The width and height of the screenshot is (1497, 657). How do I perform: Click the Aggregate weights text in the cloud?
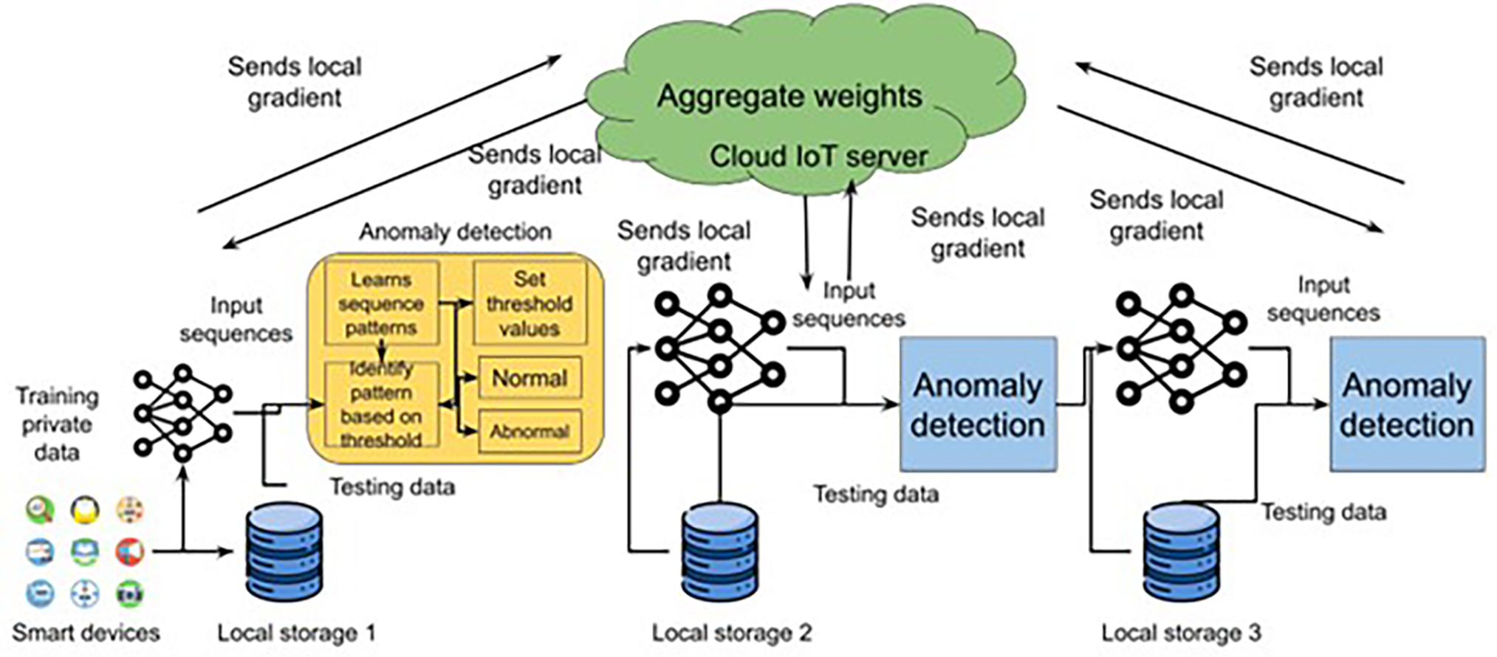pyautogui.click(x=789, y=96)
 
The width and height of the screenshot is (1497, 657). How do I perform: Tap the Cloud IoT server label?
pyautogui.click(x=818, y=156)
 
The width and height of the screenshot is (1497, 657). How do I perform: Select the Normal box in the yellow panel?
pyautogui.click(x=530, y=378)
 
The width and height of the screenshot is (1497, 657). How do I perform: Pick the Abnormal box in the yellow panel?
pyautogui.click(x=530, y=431)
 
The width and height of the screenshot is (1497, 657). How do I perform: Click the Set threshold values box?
pyautogui.click(x=530, y=303)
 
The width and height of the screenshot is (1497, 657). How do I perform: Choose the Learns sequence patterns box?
pyautogui.click(x=381, y=303)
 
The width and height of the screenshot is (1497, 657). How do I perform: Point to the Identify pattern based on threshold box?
pyautogui.click(x=381, y=405)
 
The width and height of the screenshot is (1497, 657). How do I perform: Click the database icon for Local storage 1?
pyautogui.click(x=284, y=551)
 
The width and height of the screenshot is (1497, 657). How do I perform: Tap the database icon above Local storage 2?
pyautogui.click(x=719, y=551)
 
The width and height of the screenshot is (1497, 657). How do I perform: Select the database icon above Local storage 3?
pyautogui.click(x=1181, y=551)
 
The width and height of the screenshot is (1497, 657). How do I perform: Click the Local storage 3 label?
pyautogui.click(x=1181, y=633)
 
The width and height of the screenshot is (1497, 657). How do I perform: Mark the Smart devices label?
pyautogui.click(x=86, y=633)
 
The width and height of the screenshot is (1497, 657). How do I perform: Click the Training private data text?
pyautogui.click(x=57, y=424)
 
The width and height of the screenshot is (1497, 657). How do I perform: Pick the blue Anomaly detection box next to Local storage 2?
pyautogui.click(x=978, y=405)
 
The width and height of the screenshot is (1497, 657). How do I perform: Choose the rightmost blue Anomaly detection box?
pyautogui.click(x=1407, y=405)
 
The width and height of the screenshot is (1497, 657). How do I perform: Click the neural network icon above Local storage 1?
pyautogui.click(x=182, y=412)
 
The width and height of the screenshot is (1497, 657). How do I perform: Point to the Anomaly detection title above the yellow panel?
pyautogui.click(x=455, y=232)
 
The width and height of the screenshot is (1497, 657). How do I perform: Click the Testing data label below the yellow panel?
pyautogui.click(x=391, y=487)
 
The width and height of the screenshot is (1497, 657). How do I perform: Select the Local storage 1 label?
pyautogui.click(x=296, y=633)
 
